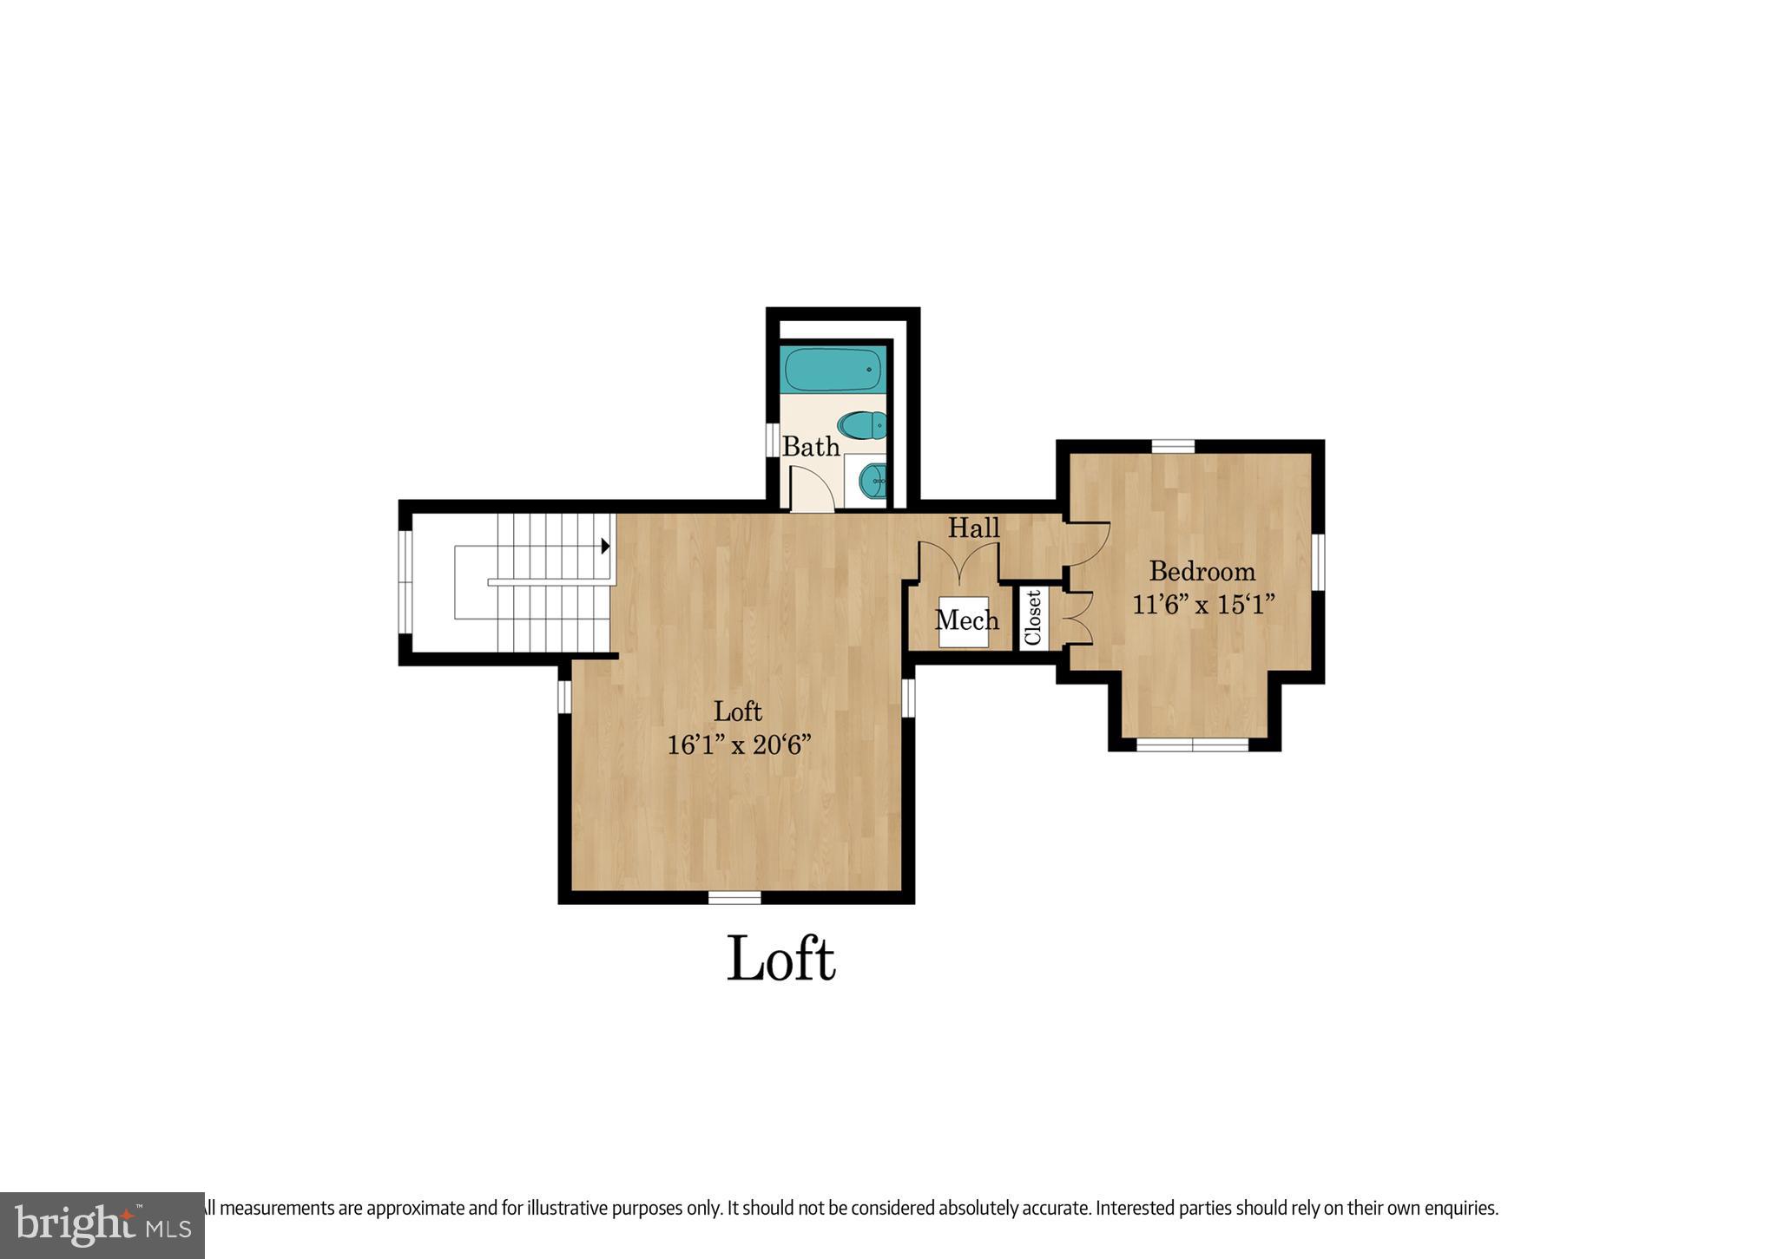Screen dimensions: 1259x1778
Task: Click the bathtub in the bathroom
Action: (x=833, y=370)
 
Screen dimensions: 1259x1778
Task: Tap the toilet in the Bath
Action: (x=862, y=425)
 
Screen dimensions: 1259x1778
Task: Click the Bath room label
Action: (x=811, y=447)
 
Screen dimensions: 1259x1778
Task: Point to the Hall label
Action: (x=973, y=528)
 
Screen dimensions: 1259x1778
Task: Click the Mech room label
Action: (x=966, y=620)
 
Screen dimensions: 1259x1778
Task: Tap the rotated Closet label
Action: (x=1033, y=617)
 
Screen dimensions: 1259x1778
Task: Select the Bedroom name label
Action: (x=1202, y=571)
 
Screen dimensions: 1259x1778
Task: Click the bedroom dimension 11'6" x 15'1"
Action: (x=1203, y=604)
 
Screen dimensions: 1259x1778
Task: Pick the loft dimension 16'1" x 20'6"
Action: (x=739, y=744)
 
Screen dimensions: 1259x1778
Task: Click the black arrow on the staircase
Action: (x=605, y=547)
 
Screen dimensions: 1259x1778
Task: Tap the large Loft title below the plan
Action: (x=780, y=960)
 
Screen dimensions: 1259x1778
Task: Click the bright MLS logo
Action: (x=102, y=1224)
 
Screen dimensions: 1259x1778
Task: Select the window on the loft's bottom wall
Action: (x=734, y=897)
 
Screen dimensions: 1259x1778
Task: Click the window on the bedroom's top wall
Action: (x=1173, y=446)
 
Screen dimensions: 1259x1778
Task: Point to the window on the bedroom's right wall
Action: (x=1317, y=561)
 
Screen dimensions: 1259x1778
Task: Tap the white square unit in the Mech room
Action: (x=964, y=621)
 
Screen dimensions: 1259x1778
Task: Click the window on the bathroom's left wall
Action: (x=771, y=439)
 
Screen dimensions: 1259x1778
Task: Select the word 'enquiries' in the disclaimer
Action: (x=1456, y=1207)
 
